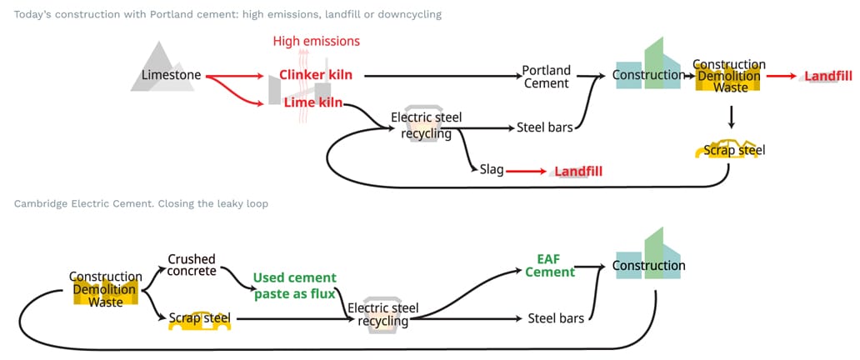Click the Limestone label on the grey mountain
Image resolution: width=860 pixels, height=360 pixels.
point(171,76)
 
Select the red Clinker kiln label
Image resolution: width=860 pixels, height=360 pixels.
point(315,75)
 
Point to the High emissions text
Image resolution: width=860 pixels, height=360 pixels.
point(317,41)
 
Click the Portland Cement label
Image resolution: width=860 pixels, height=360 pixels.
point(546,76)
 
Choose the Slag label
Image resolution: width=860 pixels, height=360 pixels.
point(491,170)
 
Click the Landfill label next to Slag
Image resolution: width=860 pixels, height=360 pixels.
point(577,171)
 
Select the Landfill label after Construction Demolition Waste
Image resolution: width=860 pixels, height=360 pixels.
point(827,76)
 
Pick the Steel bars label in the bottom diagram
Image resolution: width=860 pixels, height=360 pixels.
point(555,317)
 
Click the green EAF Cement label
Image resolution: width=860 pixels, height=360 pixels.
point(550,266)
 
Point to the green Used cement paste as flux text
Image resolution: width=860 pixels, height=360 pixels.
point(294,285)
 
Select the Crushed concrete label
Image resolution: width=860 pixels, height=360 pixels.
point(192,265)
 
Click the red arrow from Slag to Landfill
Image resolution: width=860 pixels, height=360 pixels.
point(525,171)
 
